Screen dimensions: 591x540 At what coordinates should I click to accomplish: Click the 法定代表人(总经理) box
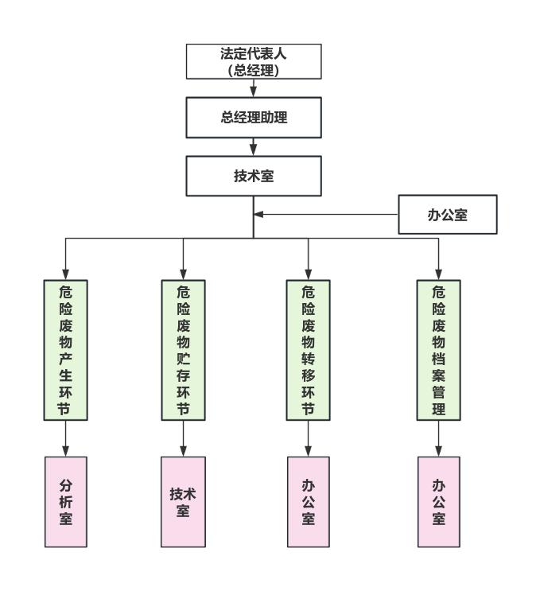pyautogui.click(x=253, y=61)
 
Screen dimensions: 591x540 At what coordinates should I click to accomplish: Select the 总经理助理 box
pyautogui.click(x=253, y=118)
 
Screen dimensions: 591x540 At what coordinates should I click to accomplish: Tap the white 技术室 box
pyautogui.click(x=253, y=176)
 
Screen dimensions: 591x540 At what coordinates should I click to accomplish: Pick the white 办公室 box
pyautogui.click(x=448, y=216)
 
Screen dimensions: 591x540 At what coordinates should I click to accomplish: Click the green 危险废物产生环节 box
pyautogui.click(x=65, y=349)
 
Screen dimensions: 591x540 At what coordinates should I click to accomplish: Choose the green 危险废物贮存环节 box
pyautogui.click(x=183, y=349)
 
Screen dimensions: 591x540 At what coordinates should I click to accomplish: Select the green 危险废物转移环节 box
pyautogui.click(x=308, y=349)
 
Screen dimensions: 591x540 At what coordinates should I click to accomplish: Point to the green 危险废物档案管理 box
pyautogui.click(x=439, y=349)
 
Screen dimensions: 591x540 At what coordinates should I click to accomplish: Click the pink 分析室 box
pyautogui.click(x=65, y=502)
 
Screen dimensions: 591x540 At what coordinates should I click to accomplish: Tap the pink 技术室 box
pyautogui.click(x=183, y=502)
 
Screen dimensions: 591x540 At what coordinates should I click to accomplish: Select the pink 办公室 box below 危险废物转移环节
pyautogui.click(x=308, y=502)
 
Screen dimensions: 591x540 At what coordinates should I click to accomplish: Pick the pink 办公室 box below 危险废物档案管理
pyautogui.click(x=439, y=502)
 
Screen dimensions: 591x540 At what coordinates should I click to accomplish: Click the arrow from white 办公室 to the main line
pyautogui.click(x=326, y=214)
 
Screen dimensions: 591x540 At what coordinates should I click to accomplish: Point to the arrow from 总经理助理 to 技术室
pyautogui.click(x=253, y=147)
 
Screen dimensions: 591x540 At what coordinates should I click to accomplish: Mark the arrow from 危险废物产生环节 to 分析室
pyautogui.click(x=65, y=438)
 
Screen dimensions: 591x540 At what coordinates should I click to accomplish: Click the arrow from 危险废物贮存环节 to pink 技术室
pyautogui.click(x=183, y=438)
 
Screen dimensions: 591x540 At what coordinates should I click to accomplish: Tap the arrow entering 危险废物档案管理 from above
pyautogui.click(x=439, y=259)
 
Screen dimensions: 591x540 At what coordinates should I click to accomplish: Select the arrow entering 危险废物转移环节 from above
pyautogui.click(x=308, y=259)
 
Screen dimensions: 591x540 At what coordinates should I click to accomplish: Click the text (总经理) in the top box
pyautogui.click(x=253, y=69)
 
